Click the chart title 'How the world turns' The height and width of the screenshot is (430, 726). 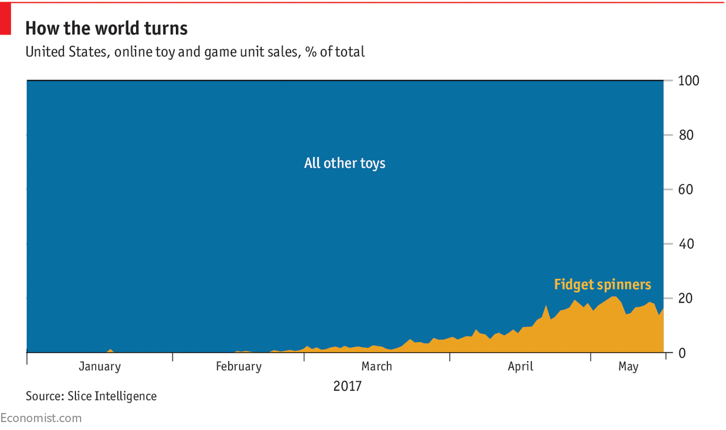pos(106,28)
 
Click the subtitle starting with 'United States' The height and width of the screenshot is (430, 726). pos(195,52)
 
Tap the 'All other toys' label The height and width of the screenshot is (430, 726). pos(344,163)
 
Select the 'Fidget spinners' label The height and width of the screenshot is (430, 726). pos(602,284)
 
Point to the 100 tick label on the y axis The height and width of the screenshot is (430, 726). pos(689,80)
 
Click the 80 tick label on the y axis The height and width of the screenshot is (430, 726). pos(686,135)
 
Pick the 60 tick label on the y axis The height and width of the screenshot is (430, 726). pos(686,189)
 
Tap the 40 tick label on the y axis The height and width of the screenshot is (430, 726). pos(686,244)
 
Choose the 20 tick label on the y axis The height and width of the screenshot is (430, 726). pos(686,299)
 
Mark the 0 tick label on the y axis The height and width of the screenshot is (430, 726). pos(683,353)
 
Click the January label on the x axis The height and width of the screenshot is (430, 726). pos(100,367)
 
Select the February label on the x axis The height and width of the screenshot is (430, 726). pos(239,367)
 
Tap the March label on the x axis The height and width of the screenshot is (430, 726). pos(377,367)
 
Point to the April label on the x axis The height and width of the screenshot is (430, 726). pos(520,367)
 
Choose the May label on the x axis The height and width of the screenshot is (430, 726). pos(628,367)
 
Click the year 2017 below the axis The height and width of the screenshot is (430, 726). pos(347,386)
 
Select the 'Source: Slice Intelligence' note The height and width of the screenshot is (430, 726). pos(91,396)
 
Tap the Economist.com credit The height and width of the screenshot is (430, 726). pos(41,418)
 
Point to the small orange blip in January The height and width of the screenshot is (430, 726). pos(111,351)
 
